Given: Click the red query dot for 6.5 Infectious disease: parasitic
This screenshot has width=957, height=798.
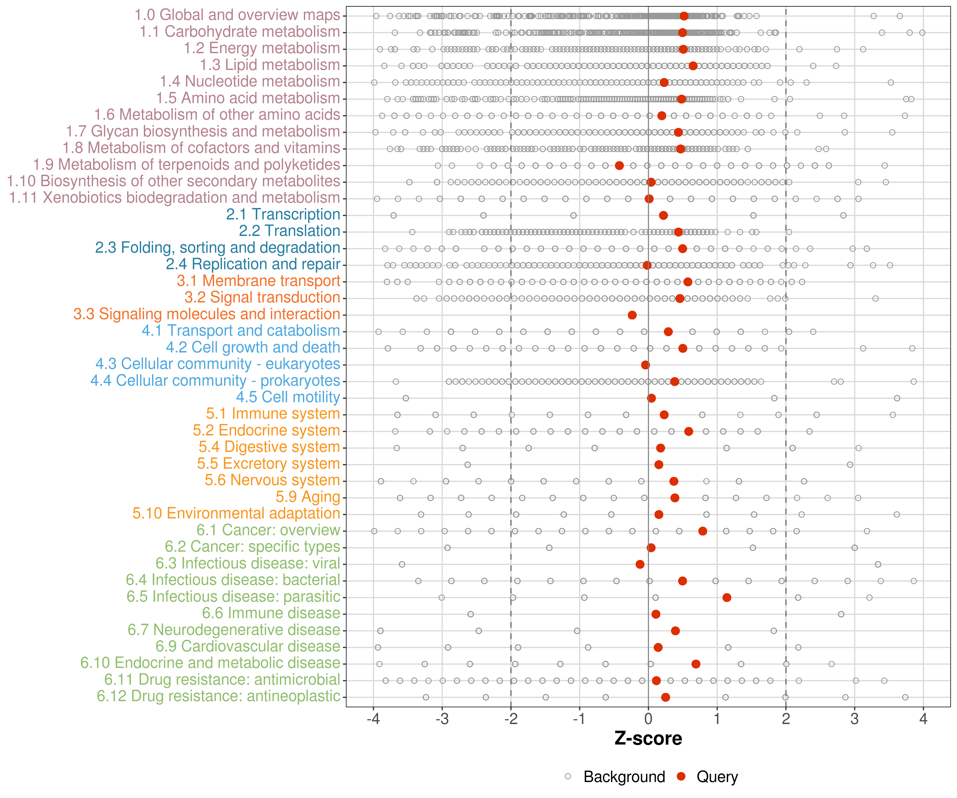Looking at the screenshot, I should (x=727, y=597).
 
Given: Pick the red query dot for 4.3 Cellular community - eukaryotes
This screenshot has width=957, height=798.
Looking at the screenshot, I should (x=645, y=365).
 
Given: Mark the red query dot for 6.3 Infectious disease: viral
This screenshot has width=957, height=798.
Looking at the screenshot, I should (x=640, y=564).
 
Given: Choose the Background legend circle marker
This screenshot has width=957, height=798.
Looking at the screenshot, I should (x=568, y=776).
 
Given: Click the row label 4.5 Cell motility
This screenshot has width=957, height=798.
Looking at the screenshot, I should (x=288, y=397).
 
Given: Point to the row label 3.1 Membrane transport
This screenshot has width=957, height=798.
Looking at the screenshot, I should (x=258, y=281).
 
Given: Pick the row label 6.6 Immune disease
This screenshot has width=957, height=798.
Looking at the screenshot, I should (x=271, y=613).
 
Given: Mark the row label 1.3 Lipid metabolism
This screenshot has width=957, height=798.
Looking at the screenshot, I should (x=270, y=65).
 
